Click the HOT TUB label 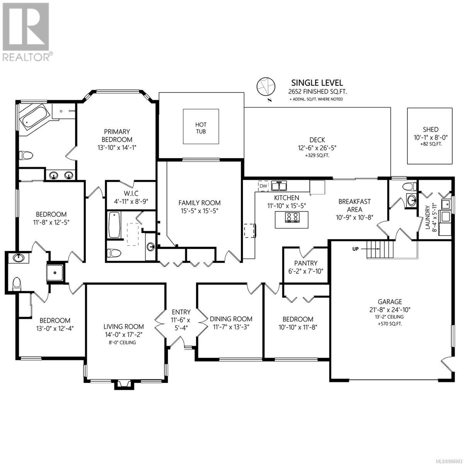pyautogui.click(x=201, y=128)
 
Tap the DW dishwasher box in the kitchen pyautogui.click(x=263, y=186)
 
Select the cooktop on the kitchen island pyautogui.click(x=292, y=217)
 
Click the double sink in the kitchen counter pyautogui.click(x=279, y=186)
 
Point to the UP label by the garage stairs pyautogui.click(x=355, y=249)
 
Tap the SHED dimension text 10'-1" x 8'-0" pyautogui.click(x=430, y=137)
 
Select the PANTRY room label pyautogui.click(x=305, y=263)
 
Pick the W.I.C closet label pyautogui.click(x=131, y=193)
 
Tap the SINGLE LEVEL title pyautogui.click(x=317, y=83)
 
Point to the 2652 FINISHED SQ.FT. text pyautogui.click(x=317, y=92)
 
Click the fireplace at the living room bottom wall pyautogui.click(x=123, y=384)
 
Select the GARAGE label pyautogui.click(x=390, y=302)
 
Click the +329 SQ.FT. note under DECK pyautogui.click(x=317, y=155)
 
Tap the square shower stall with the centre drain pyautogui.click(x=55, y=273)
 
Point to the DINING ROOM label pyautogui.click(x=231, y=319)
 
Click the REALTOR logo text pyautogui.click(x=26, y=57)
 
